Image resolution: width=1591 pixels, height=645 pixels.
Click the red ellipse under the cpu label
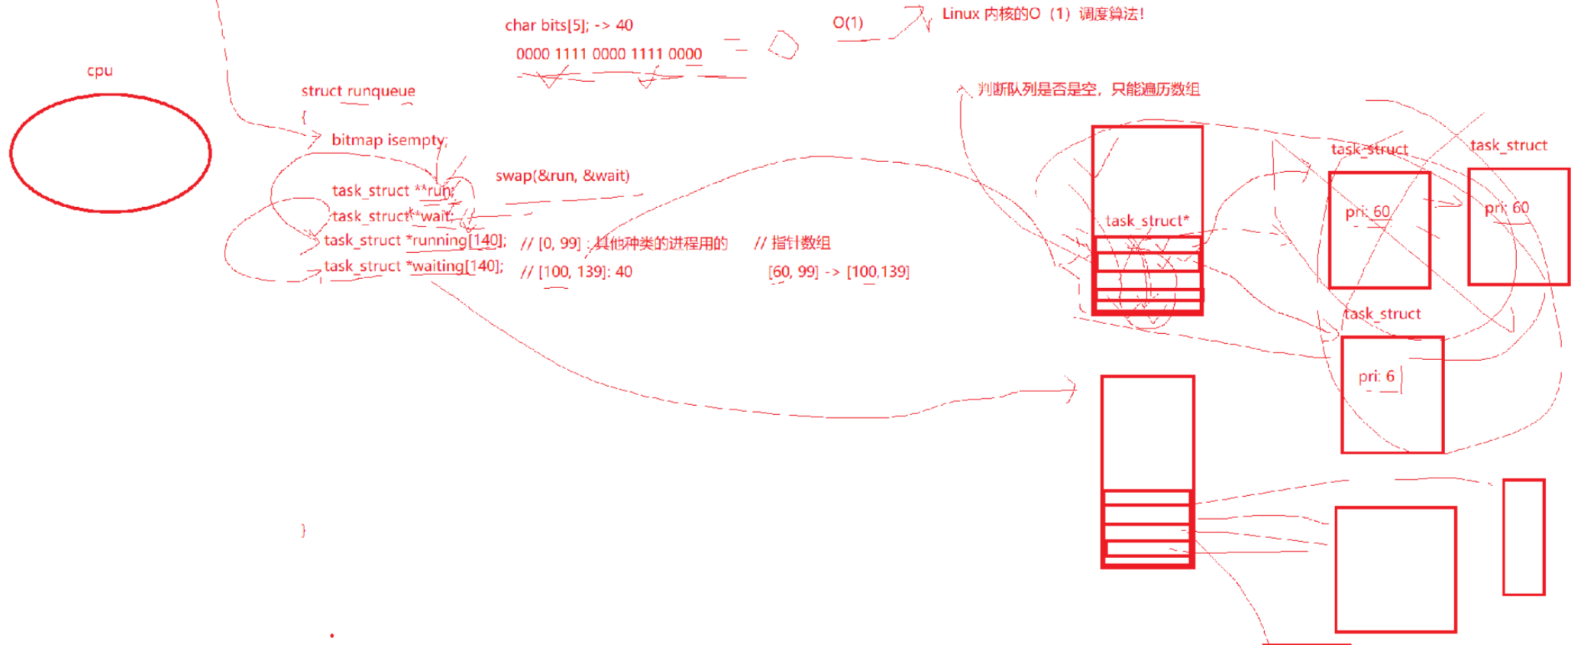(111, 153)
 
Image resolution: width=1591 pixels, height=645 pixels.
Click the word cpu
(100, 71)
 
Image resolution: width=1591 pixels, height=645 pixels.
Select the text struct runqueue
(357, 91)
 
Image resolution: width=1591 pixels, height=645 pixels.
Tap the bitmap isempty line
(388, 140)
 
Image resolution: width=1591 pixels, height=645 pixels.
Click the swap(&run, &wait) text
(562, 176)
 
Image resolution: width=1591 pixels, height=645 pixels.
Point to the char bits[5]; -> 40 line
(568, 25)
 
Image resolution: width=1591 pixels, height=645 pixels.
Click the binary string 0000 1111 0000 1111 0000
(609, 54)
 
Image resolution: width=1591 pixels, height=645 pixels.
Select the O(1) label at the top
(848, 23)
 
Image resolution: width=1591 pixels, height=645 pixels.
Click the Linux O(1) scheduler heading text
(1043, 15)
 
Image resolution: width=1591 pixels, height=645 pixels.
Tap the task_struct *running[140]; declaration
(414, 241)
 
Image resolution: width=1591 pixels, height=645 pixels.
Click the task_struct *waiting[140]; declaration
(413, 267)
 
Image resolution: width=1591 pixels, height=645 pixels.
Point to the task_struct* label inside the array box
(1146, 221)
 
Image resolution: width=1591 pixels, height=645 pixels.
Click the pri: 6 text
(1376, 376)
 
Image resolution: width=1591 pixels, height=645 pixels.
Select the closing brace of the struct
(304, 530)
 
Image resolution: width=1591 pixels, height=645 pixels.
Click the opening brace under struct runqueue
(304, 117)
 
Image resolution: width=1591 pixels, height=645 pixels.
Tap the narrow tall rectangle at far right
(1523, 536)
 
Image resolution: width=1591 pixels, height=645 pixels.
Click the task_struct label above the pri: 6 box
(1382, 313)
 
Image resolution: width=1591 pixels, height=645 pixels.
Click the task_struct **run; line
(393, 191)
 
